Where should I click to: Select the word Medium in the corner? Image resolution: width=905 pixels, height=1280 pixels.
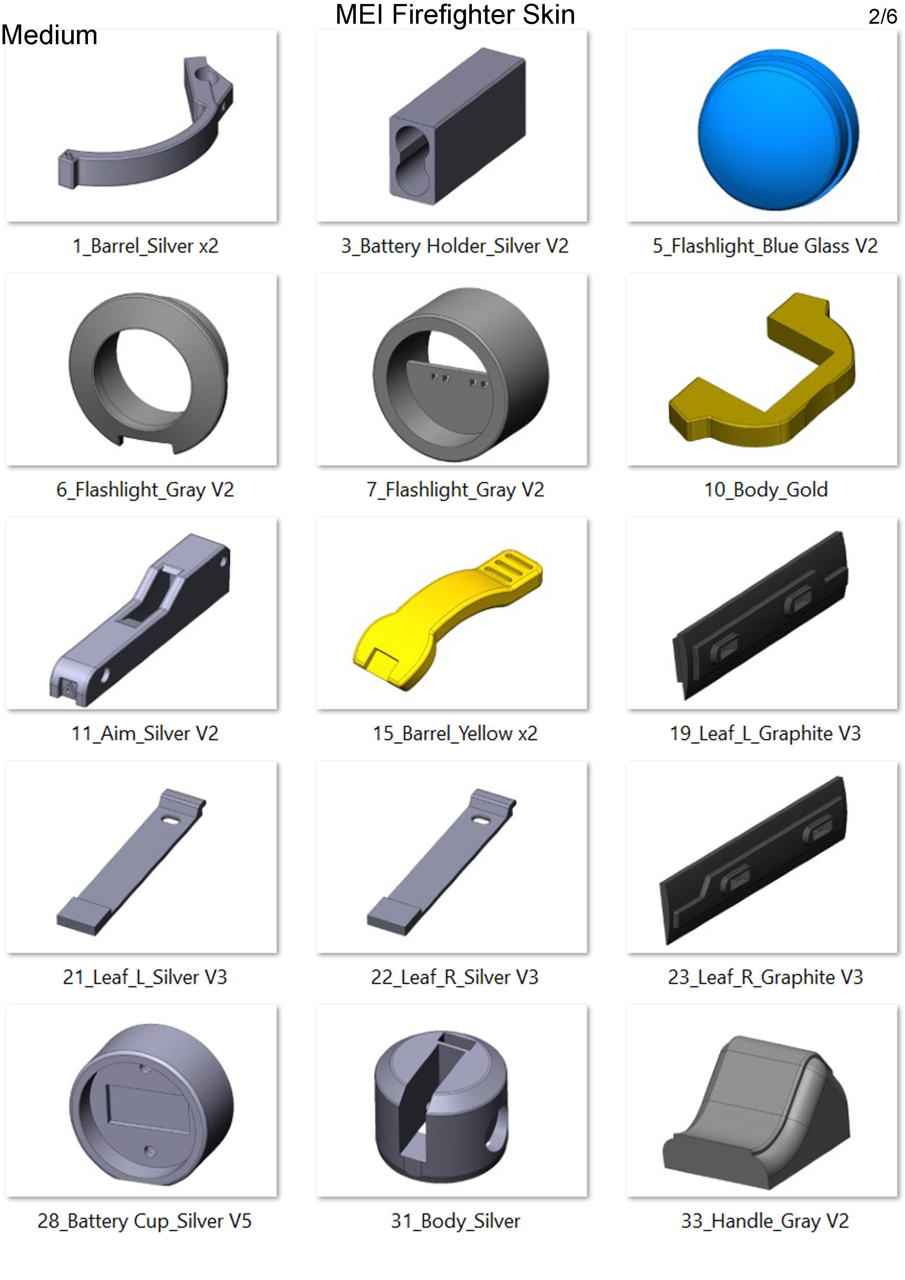click(x=49, y=35)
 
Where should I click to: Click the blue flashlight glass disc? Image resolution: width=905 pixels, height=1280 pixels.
click(x=778, y=129)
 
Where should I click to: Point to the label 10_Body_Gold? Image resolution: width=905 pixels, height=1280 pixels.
click(x=766, y=489)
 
